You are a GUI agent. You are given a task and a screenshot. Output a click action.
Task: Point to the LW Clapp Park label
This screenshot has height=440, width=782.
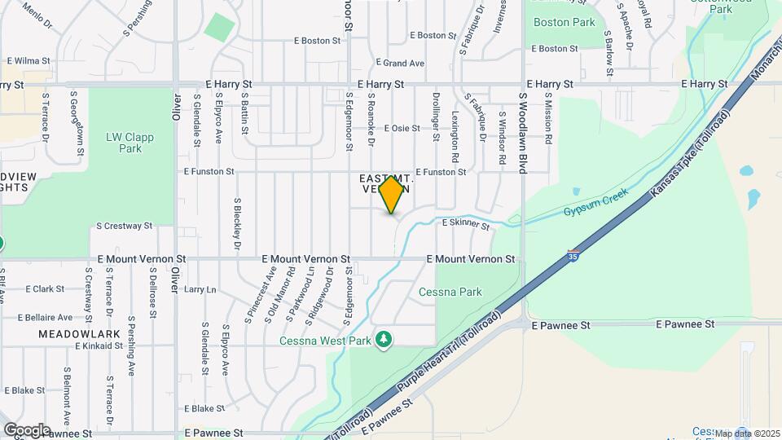[124, 143]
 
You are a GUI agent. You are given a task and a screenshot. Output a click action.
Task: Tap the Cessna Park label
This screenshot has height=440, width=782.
[450, 292]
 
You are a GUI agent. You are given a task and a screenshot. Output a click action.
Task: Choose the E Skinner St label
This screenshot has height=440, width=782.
[465, 223]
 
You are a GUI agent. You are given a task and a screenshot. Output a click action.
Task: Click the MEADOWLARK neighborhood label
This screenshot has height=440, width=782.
[79, 334]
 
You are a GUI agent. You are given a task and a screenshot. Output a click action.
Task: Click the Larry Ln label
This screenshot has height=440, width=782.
[200, 289]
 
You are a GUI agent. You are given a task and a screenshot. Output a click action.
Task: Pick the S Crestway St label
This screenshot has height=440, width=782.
[124, 226]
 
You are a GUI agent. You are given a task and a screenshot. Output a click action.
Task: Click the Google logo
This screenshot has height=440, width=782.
[26, 429]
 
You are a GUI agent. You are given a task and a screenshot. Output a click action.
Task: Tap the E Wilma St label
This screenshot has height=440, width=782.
[29, 61]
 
